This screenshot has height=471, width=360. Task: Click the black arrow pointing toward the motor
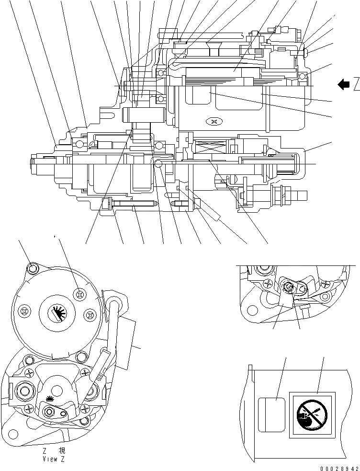343,85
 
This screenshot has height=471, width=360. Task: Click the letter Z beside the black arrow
357,85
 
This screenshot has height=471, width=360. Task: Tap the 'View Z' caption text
53,459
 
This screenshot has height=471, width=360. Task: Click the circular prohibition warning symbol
311,415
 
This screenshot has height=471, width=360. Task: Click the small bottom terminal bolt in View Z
49,411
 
